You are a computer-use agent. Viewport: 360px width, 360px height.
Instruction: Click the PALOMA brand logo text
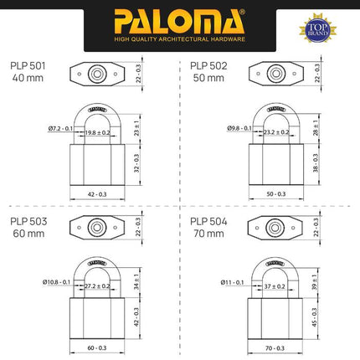click(x=179, y=18)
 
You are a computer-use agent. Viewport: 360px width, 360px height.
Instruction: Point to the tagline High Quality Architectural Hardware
click(x=179, y=37)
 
